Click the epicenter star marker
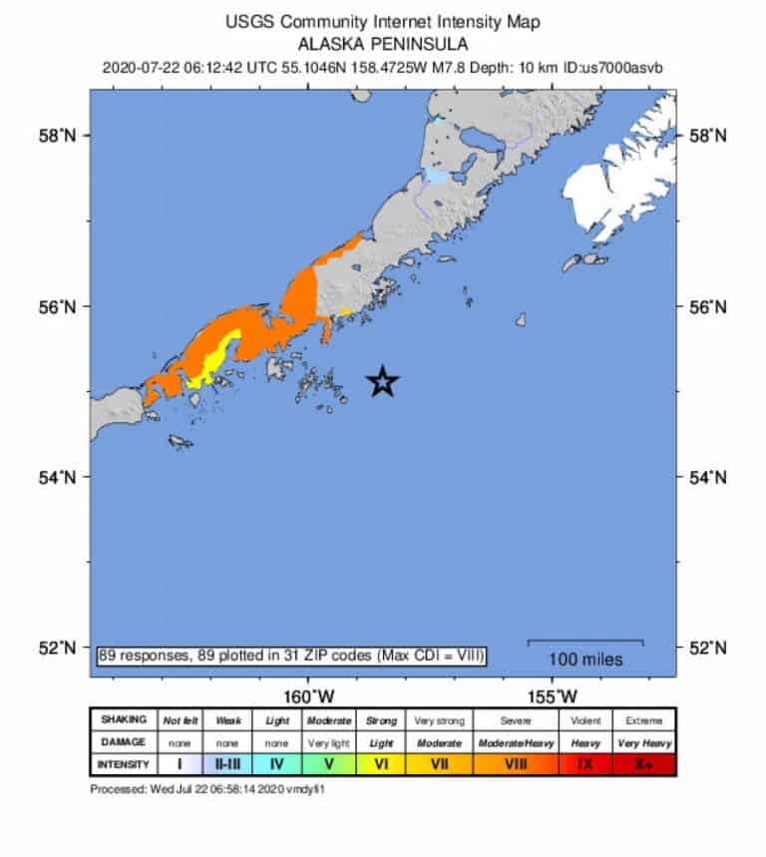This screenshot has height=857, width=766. pyautogui.click(x=383, y=381)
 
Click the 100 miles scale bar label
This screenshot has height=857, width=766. pyautogui.click(x=585, y=659)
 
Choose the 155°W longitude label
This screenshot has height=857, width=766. pyautogui.click(x=555, y=694)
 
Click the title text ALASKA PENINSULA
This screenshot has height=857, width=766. pyautogui.click(x=382, y=45)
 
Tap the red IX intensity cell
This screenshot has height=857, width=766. pyautogui.click(x=585, y=764)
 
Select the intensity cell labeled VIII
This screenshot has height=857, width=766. pyautogui.click(x=516, y=764)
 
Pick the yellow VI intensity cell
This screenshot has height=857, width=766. pyautogui.click(x=381, y=764)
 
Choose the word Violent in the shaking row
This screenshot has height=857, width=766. pyautogui.click(x=585, y=720)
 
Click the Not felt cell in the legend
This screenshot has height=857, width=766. pyautogui.click(x=181, y=720)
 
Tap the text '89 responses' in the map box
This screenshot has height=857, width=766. pyautogui.click(x=140, y=655)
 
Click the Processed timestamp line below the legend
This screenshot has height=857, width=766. pyautogui.click(x=208, y=788)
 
